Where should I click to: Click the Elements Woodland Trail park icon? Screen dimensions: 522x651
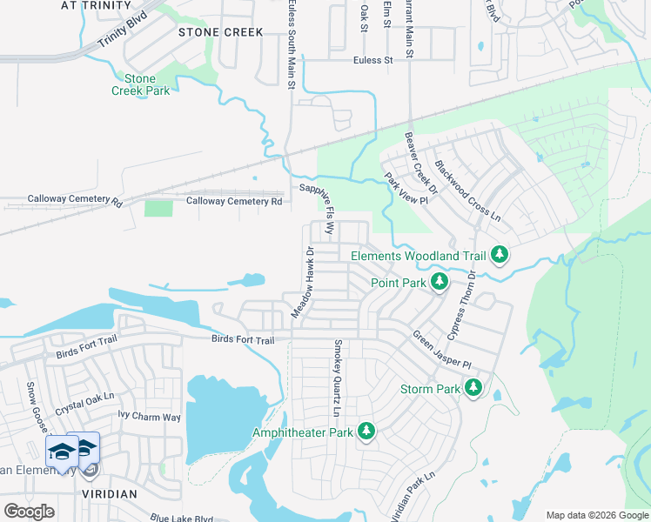click(500, 256)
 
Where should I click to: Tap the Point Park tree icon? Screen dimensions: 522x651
click(440, 282)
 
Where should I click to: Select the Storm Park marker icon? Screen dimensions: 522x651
click(473, 388)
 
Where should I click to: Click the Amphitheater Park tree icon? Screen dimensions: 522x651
click(366, 432)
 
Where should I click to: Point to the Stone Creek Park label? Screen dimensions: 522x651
click(141, 84)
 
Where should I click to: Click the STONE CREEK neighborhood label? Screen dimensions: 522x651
click(220, 32)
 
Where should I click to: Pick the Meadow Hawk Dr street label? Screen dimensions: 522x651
click(303, 282)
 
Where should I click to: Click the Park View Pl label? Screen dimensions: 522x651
click(407, 189)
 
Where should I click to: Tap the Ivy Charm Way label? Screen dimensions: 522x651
click(150, 417)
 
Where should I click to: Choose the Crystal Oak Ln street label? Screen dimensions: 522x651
click(85, 398)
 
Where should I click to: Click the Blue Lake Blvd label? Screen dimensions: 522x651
click(181, 518)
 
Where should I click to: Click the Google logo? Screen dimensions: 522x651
click(30, 512)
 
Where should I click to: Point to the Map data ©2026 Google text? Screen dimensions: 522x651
click(596, 515)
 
